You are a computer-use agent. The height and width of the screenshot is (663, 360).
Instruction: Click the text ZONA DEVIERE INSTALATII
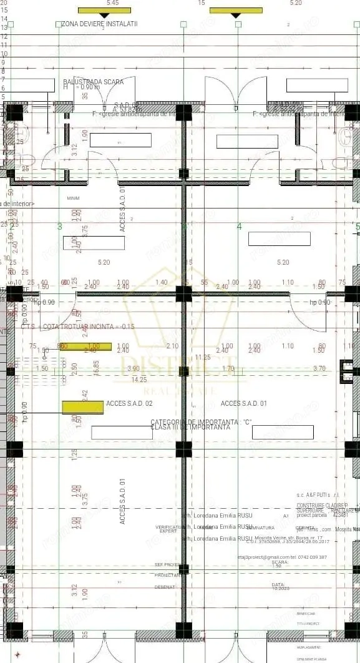pyautogui.click(x=100, y=24)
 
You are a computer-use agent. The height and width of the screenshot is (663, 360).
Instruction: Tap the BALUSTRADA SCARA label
pyautogui.click(x=93, y=82)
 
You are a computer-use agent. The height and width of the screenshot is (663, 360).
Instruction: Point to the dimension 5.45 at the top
pyautogui.click(x=113, y=3)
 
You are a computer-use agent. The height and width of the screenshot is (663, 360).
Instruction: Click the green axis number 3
pyautogui.click(x=60, y=227)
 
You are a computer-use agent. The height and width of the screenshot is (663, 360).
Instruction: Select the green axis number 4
pyautogui.click(x=239, y=227)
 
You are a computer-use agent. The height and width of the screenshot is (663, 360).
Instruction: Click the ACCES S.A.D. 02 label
pyautogui.click(x=130, y=404)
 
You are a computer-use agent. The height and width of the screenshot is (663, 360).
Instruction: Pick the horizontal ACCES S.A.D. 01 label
pyautogui.click(x=243, y=404)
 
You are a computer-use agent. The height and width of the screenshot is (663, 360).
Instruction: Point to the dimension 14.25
pyautogui.click(x=139, y=380)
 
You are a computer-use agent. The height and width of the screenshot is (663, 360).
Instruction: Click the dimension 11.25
pyautogui.click(x=203, y=357)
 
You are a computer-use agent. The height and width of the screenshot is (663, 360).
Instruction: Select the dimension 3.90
pyautogui.click(x=134, y=369)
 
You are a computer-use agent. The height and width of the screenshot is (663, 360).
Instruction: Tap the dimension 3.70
pyautogui.click(x=319, y=369)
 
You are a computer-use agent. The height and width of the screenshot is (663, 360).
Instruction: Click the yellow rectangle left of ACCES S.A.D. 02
pyautogui.click(x=83, y=407)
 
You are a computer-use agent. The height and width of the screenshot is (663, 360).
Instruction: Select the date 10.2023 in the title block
pyautogui.click(x=278, y=589)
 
